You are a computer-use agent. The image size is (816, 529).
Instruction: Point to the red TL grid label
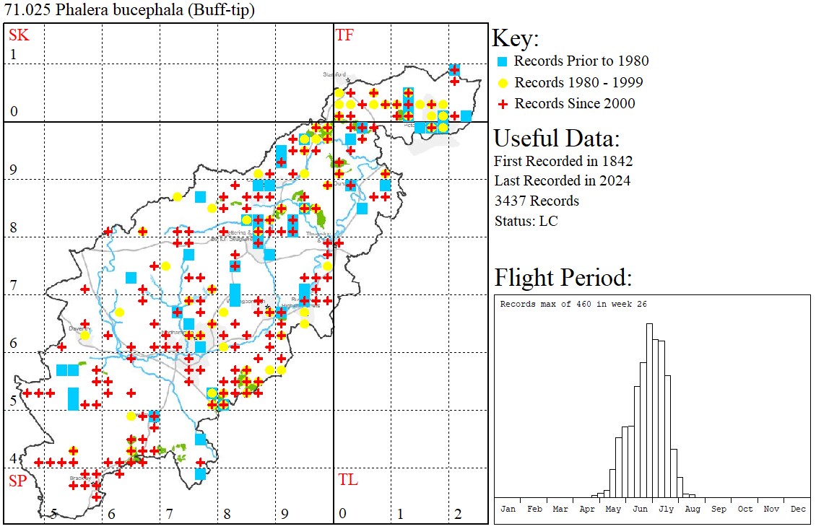[347, 480]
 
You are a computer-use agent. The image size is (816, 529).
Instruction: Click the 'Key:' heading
[515, 38]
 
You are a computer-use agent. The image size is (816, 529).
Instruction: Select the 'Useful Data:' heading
[556, 138]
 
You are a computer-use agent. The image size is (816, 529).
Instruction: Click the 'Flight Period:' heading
[563, 277]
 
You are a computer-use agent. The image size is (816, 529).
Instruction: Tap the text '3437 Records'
[537, 201]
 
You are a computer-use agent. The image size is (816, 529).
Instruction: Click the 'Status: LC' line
[526, 221]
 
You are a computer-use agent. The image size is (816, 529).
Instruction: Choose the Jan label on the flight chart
[508, 509]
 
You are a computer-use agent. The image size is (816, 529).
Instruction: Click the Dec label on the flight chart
[798, 509]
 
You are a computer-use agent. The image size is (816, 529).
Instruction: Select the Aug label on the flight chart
[693, 509]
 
